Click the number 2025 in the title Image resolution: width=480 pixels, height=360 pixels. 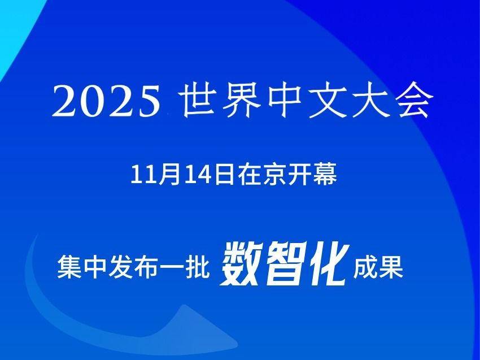coord(106,101)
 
